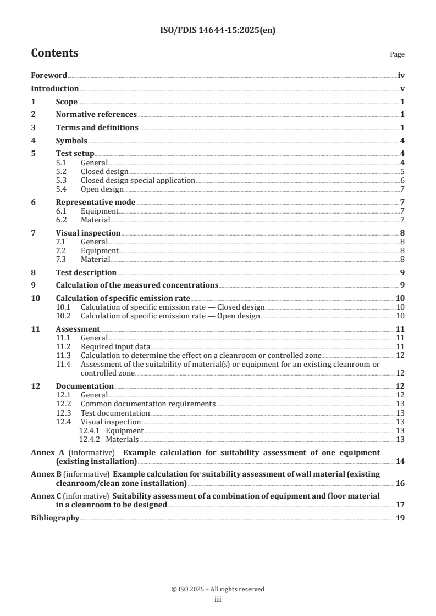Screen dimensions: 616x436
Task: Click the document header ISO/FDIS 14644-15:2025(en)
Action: point(218,31)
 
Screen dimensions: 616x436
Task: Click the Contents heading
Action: point(54,53)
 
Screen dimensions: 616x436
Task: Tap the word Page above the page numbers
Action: point(397,54)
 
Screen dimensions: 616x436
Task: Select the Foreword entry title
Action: point(49,76)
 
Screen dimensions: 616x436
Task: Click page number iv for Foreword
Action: point(401,76)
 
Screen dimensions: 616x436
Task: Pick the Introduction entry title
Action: point(54,88)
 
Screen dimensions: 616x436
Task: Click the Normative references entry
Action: point(96,114)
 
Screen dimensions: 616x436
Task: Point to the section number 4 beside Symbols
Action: point(33,140)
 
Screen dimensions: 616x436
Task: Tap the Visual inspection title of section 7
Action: point(88,233)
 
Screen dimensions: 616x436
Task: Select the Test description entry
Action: point(86,272)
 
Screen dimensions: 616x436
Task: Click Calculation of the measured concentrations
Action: point(137,285)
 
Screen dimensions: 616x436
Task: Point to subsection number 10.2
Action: point(63,316)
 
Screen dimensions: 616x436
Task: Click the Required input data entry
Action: point(115,346)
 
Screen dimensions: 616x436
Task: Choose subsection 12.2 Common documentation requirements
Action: point(147,404)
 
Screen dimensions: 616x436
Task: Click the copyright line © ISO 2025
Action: point(218,589)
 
